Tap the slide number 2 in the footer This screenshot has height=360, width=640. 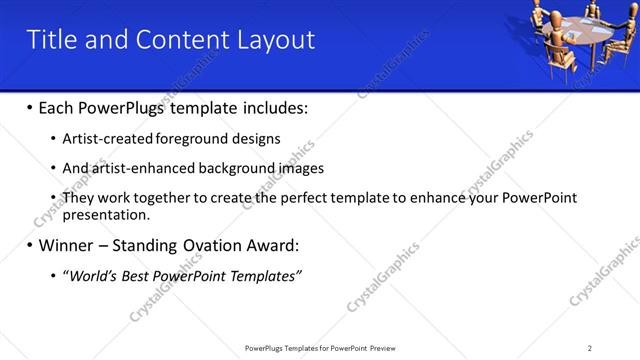coord(589,348)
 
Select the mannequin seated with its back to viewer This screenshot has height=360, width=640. coord(556,45)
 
